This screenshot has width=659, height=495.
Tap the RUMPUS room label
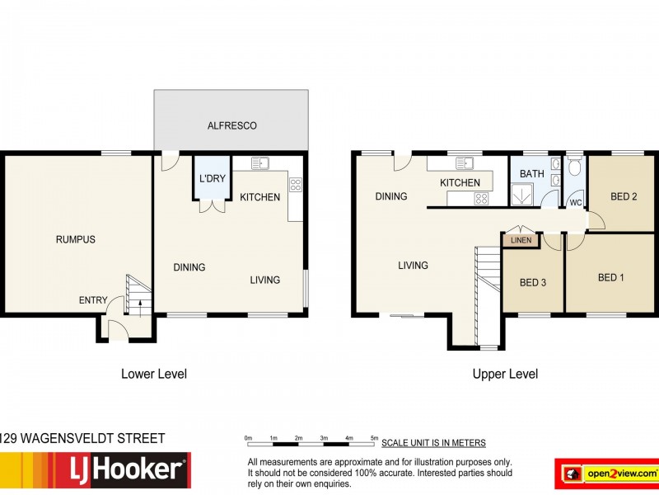pyautogui.click(x=75, y=240)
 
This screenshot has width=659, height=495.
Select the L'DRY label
pyautogui.click(x=212, y=179)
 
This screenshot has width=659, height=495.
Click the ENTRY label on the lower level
pyautogui.click(x=93, y=300)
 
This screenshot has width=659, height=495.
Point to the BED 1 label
pyautogui.click(x=610, y=278)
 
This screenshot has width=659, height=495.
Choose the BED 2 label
pyautogui.click(x=624, y=197)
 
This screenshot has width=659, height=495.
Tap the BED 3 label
pyautogui.click(x=533, y=283)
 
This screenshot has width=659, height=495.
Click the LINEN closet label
pyautogui.click(x=521, y=240)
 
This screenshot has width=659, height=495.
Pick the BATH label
pyautogui.click(x=531, y=174)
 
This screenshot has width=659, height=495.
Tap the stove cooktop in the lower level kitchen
pyautogui.click(x=295, y=185)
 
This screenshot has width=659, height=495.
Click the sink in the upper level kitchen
pyautogui.click(x=466, y=162)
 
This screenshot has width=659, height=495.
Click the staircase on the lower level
pyautogui.click(x=136, y=293)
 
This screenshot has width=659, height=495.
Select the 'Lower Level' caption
pyautogui.click(x=154, y=374)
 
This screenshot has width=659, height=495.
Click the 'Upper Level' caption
pyautogui.click(x=505, y=374)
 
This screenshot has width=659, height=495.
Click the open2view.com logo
pyautogui.click(x=606, y=474)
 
